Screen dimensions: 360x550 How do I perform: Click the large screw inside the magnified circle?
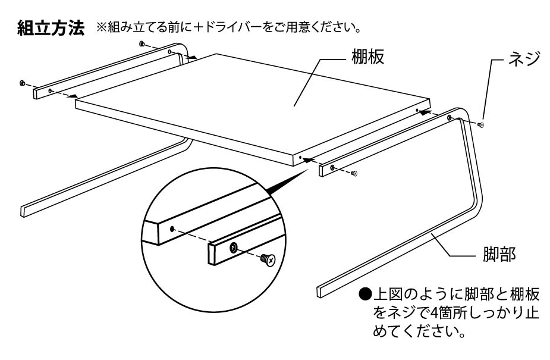tap(268, 259)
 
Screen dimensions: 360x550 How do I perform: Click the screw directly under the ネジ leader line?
tap(481, 125)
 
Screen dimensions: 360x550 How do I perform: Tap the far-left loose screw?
tap(22, 83)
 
